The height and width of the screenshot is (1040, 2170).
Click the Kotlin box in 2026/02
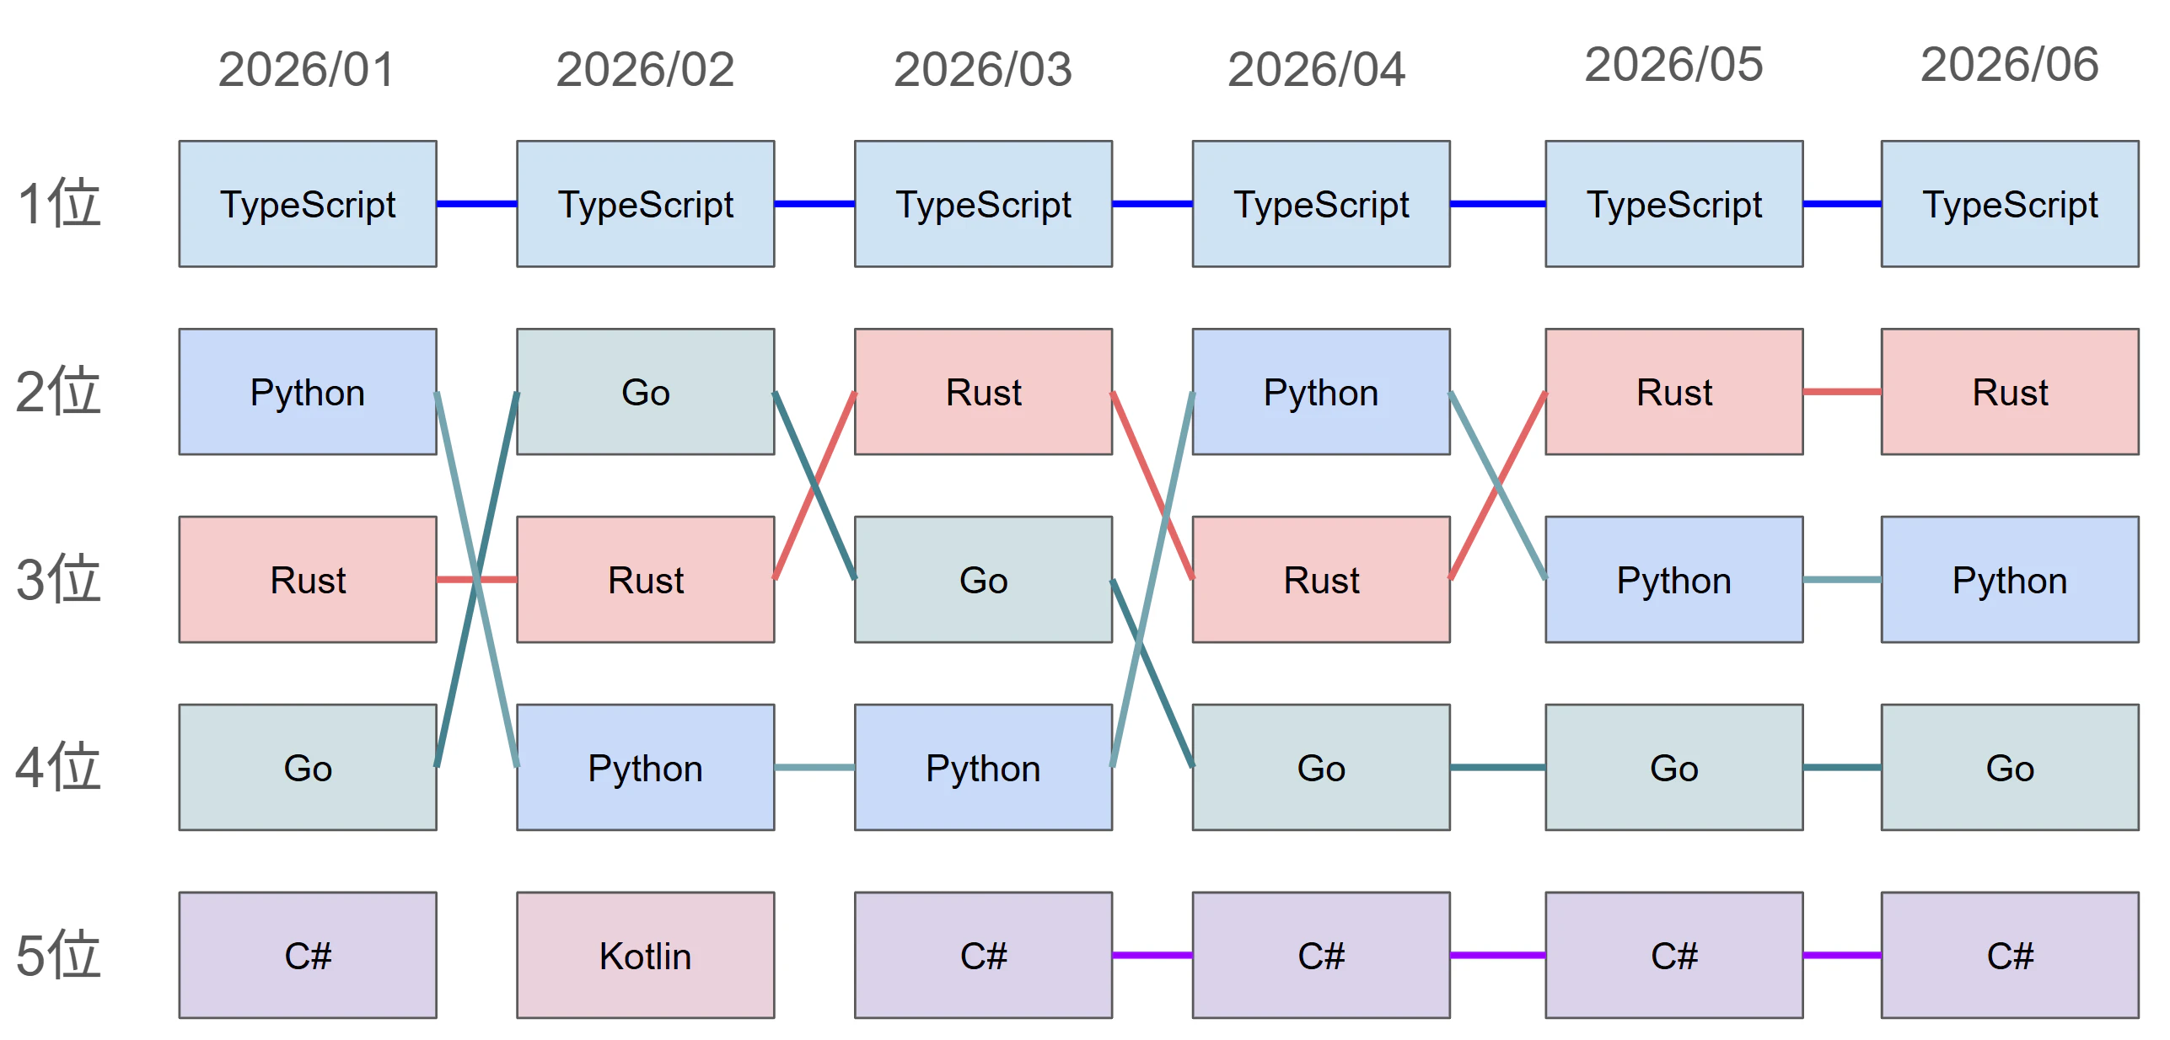(x=645, y=955)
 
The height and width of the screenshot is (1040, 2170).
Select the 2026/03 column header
(x=982, y=69)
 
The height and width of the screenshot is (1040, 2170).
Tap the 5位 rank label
(x=58, y=955)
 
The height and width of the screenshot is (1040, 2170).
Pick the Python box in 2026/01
(x=308, y=392)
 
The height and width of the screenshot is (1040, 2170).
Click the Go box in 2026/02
(x=645, y=392)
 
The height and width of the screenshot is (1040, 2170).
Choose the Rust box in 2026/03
(x=983, y=392)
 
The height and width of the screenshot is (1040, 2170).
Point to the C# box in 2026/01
(x=308, y=955)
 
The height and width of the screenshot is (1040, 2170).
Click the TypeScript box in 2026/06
(x=2010, y=204)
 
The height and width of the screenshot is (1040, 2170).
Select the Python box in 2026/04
(x=1321, y=392)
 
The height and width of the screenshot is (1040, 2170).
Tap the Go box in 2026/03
(x=983, y=580)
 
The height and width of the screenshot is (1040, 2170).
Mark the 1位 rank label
(x=58, y=204)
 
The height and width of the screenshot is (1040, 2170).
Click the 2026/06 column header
(x=2009, y=65)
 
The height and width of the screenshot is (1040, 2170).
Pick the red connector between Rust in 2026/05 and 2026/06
(x=1842, y=392)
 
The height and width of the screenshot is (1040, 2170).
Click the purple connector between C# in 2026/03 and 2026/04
(x=1152, y=955)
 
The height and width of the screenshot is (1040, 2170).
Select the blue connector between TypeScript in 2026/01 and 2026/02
(x=476, y=204)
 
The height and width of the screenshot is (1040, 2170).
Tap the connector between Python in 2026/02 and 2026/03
(x=814, y=768)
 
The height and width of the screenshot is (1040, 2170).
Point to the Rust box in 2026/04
(x=1321, y=580)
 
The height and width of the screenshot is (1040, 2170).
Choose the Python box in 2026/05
(x=1674, y=580)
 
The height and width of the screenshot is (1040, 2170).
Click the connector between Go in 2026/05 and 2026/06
(x=1842, y=768)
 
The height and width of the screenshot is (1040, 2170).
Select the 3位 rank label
(x=58, y=580)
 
